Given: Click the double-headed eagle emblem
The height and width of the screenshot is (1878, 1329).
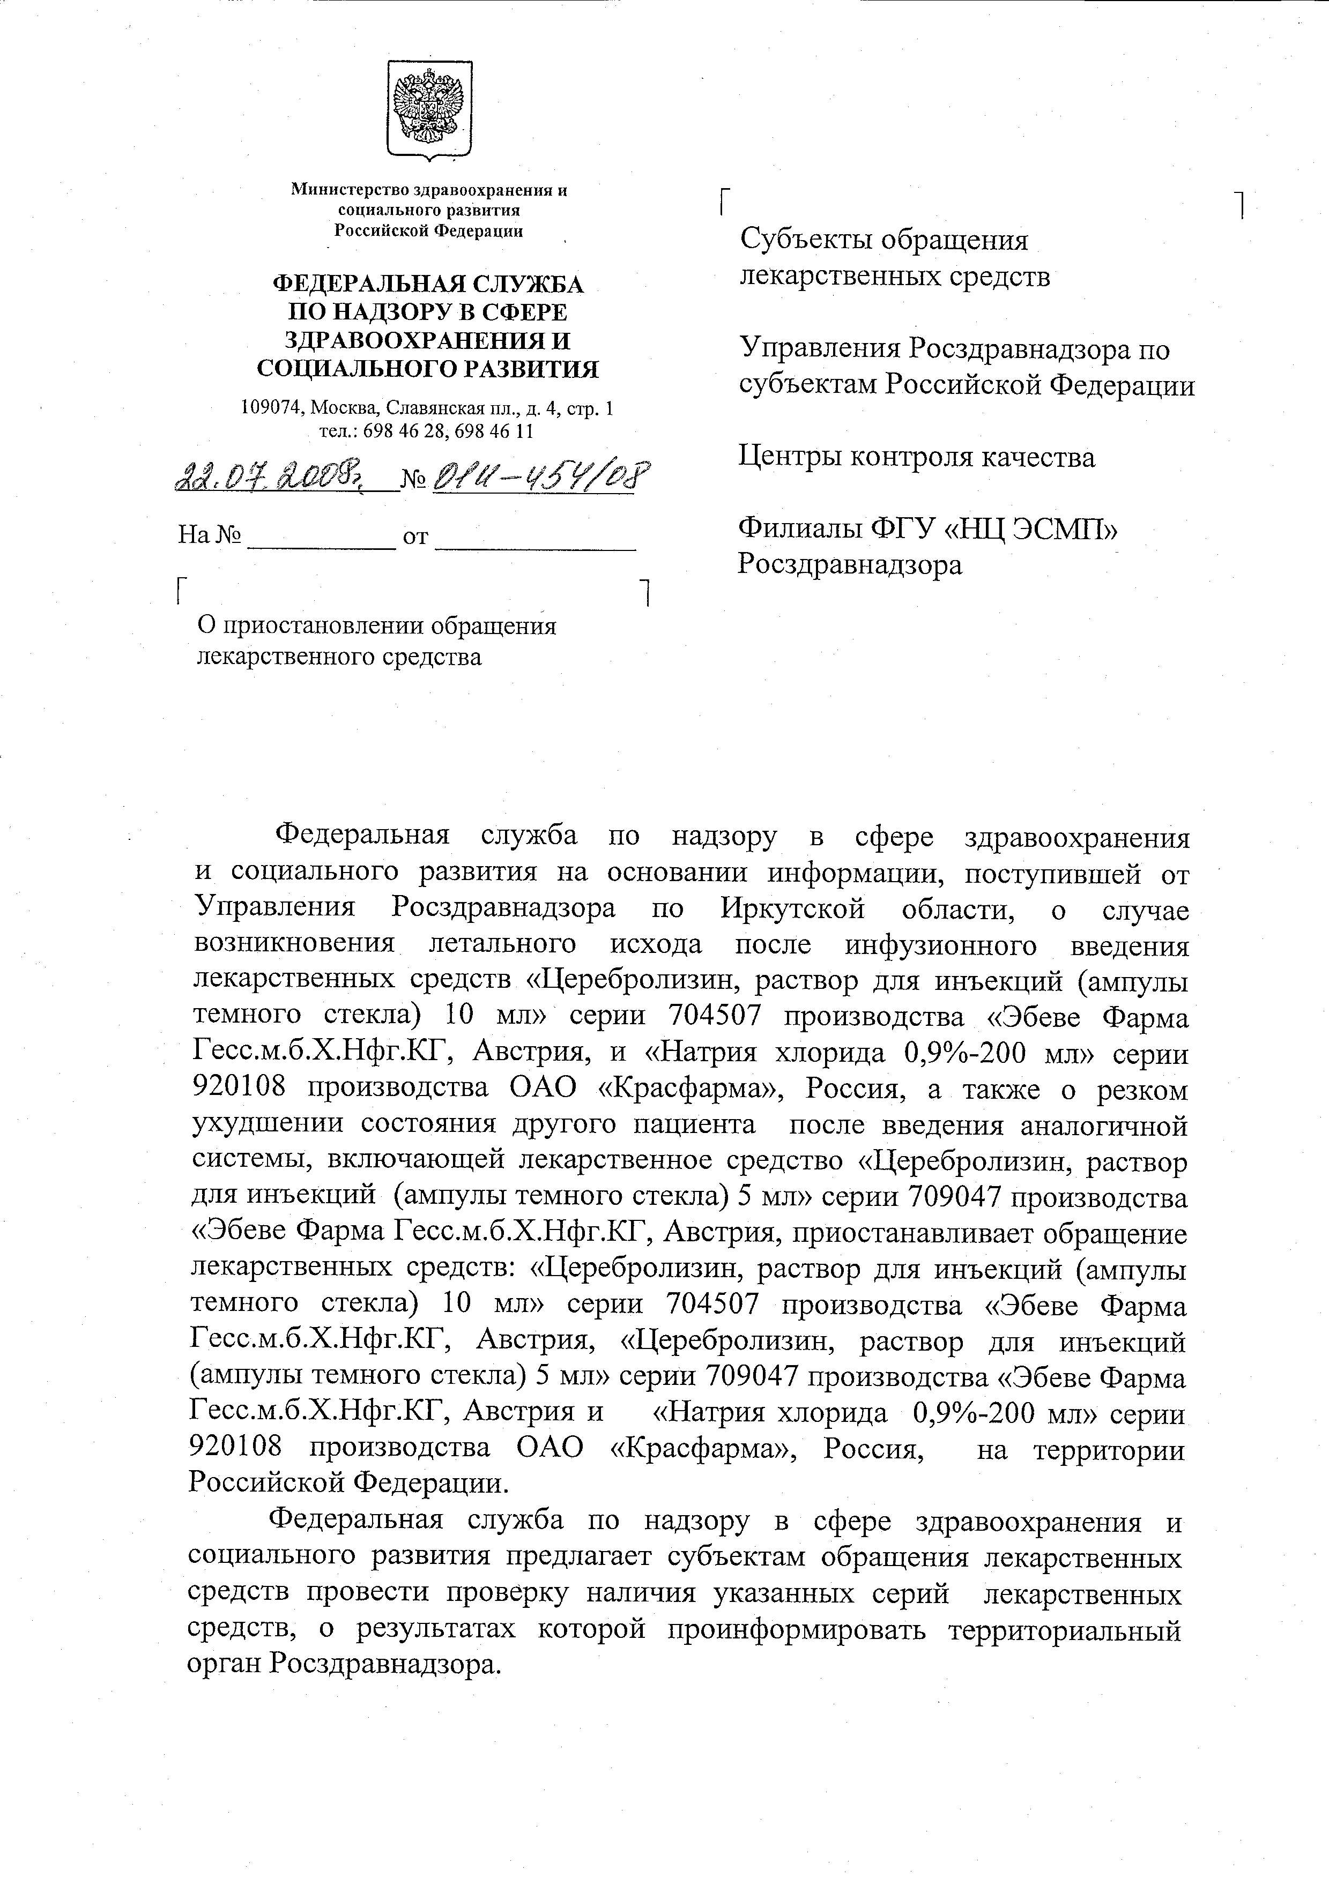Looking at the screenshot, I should [x=429, y=109].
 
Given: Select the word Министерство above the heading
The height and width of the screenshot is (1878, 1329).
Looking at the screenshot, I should [x=351, y=191].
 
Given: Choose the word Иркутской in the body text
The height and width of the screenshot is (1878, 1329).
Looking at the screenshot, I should [x=793, y=909].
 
